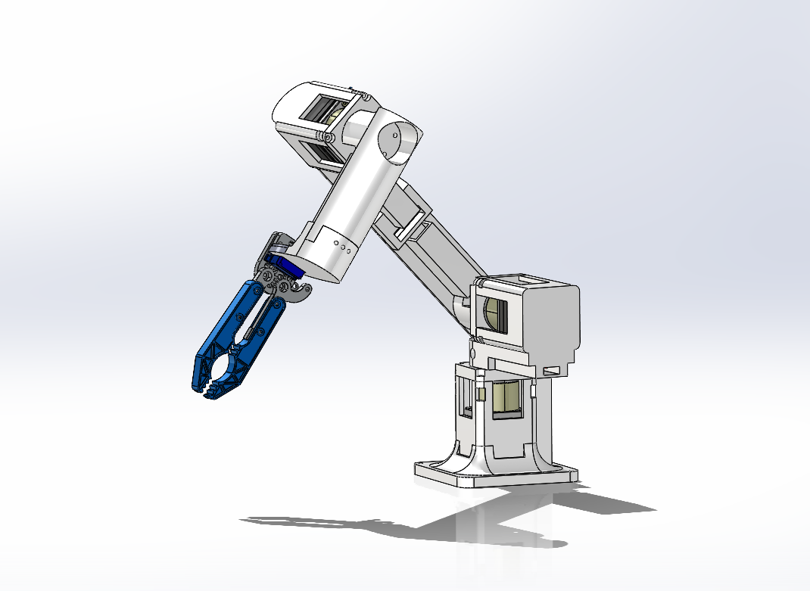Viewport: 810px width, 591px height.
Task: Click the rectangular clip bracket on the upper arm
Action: pos(409,225)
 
